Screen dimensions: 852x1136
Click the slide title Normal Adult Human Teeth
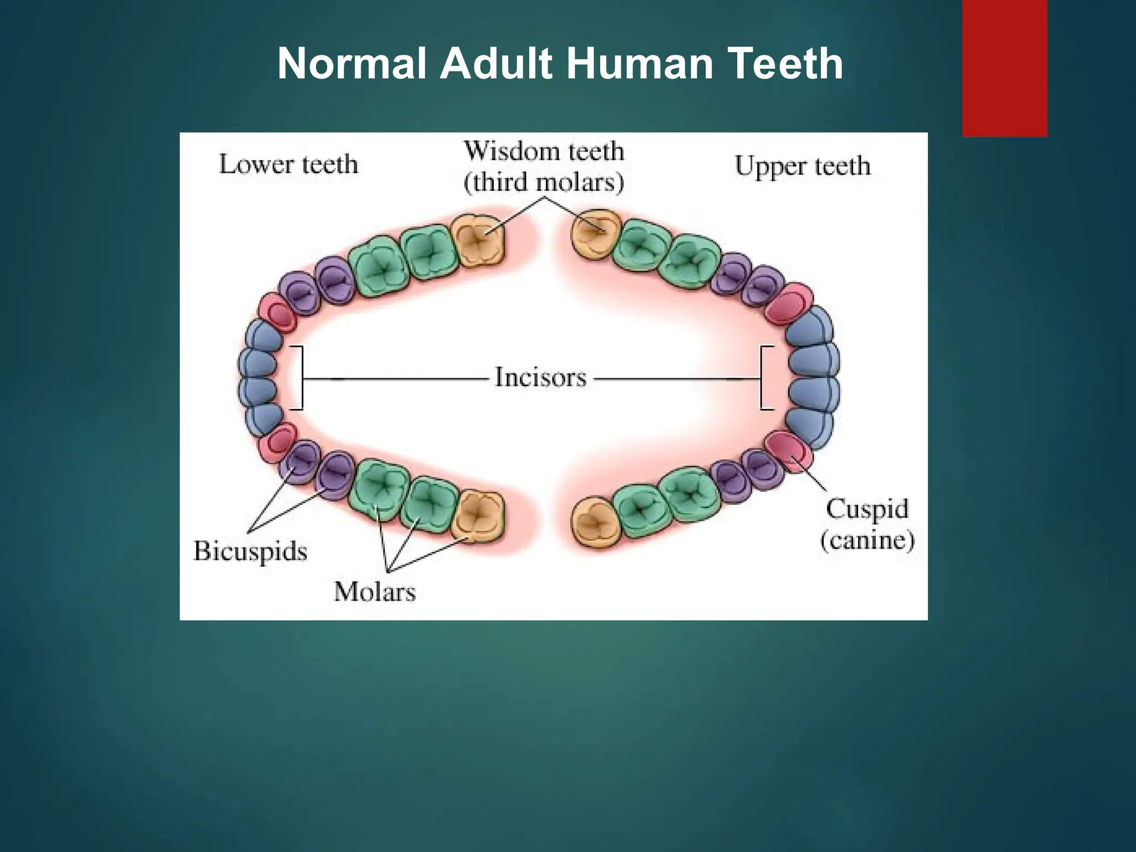click(x=560, y=64)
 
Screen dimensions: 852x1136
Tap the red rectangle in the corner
click(x=1004, y=68)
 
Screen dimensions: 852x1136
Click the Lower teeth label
click(x=288, y=164)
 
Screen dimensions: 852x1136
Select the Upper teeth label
click(x=802, y=165)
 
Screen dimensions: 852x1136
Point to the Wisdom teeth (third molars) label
click(x=544, y=166)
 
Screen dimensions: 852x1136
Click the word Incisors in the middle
click(x=540, y=378)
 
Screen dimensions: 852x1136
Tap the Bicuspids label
click(x=250, y=551)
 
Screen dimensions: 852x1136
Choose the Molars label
click(x=374, y=591)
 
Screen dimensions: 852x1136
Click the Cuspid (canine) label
click(x=867, y=524)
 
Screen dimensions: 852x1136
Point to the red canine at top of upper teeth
click(x=788, y=303)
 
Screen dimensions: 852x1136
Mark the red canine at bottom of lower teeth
click(x=277, y=442)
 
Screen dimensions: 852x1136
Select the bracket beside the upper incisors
click(x=765, y=378)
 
